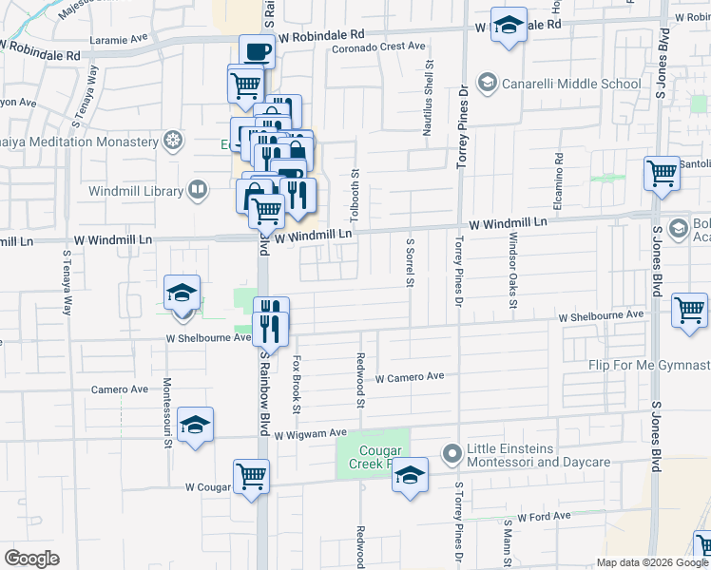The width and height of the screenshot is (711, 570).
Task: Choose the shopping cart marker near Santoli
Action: point(662,173)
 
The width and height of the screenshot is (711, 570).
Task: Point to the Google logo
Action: point(31,558)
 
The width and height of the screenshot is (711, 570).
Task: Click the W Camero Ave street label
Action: point(410,377)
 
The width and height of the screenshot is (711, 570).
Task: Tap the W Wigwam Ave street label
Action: point(311,434)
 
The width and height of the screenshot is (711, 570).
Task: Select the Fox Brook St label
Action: point(297,385)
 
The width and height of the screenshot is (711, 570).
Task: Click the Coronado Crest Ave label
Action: point(378,46)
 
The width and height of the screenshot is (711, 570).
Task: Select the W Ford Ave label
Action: point(544,516)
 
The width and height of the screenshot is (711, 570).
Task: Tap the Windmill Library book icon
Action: point(198,190)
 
